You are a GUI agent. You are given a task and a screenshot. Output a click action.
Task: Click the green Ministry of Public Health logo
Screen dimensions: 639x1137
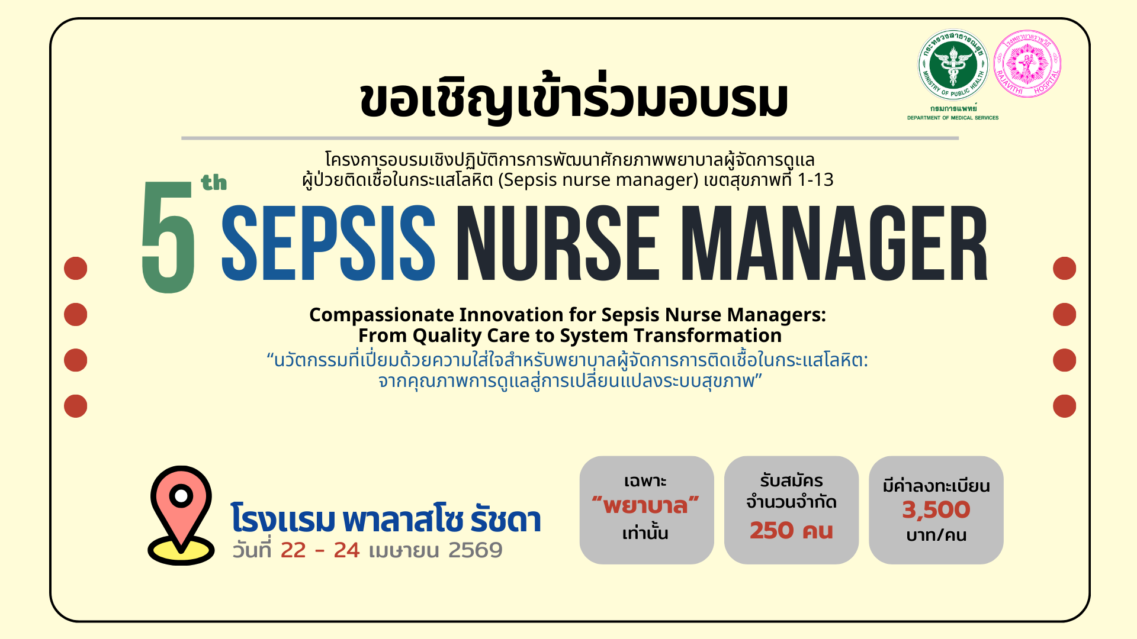click(x=953, y=64)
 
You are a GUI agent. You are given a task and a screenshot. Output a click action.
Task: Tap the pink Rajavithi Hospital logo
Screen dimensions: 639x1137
click(x=1027, y=63)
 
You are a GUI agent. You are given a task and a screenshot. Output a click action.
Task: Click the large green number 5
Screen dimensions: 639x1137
click(x=168, y=237)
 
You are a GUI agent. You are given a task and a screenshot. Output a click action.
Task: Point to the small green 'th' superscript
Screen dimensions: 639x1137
click(x=214, y=183)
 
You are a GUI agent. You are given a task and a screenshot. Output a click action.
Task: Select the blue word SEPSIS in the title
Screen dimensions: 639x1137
click(x=328, y=244)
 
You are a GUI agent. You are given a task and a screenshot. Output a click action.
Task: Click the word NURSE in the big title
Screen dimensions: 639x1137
click(x=557, y=244)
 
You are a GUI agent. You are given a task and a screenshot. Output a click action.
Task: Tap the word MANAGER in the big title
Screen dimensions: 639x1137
click(x=834, y=244)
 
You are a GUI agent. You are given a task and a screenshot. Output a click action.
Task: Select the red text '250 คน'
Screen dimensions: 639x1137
click(x=791, y=531)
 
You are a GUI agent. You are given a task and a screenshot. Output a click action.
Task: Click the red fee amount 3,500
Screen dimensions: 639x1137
click(x=936, y=509)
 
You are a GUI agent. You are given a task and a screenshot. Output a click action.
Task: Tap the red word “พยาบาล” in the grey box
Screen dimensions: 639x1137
click(x=646, y=506)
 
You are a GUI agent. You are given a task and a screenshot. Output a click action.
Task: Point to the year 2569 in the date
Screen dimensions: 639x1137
click(x=475, y=550)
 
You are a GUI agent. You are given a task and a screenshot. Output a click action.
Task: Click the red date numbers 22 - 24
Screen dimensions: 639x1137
click(x=320, y=550)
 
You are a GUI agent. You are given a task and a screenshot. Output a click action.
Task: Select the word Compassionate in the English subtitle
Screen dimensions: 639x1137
click(x=381, y=315)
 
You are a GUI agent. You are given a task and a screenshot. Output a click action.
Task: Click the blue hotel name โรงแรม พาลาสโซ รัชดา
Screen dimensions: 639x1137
click(x=386, y=519)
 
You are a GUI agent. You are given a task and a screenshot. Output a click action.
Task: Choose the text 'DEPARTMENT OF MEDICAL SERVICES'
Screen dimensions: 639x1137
click(x=952, y=118)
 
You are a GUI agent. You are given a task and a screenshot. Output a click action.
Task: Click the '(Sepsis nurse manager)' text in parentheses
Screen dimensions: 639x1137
click(x=598, y=180)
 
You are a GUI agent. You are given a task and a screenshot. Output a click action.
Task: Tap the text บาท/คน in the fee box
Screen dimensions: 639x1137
click(x=936, y=535)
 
